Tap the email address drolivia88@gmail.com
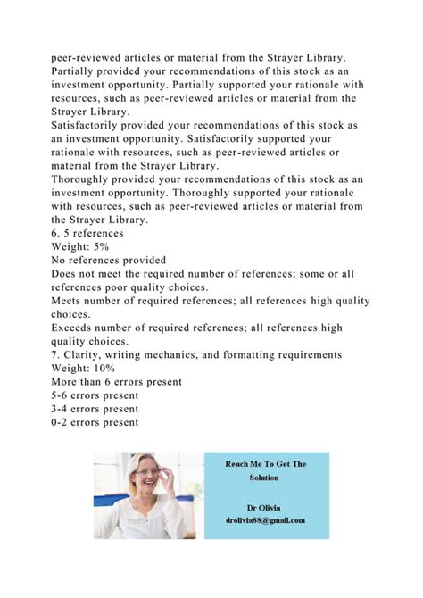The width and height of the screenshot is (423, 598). pyautogui.click(x=266, y=520)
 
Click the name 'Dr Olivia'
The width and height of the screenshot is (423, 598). pyautogui.click(x=266, y=505)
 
